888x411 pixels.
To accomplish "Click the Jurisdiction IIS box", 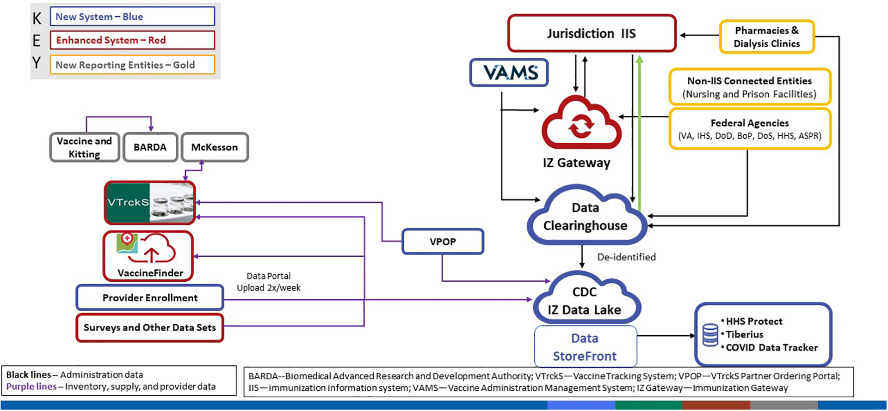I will click(592, 33).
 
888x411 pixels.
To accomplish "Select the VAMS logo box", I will click(509, 73).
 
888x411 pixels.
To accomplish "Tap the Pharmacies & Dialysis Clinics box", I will click(767, 37).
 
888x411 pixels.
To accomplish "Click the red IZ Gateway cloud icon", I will click(581, 124).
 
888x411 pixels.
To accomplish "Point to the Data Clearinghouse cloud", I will click(586, 216).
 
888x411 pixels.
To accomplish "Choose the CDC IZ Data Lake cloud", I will click(585, 300).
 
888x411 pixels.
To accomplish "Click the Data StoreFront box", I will click(585, 347).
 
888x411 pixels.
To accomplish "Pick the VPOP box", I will click(443, 242).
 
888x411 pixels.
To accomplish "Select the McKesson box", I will click(215, 147).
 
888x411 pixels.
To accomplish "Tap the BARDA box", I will click(150, 147).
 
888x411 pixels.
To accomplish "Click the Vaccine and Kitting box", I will click(85, 147).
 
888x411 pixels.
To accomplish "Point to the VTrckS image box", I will click(149, 203).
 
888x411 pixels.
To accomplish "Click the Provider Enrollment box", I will click(150, 298).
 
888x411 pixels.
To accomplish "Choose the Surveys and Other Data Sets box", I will click(149, 328).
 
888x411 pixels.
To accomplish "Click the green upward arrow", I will click(639, 134).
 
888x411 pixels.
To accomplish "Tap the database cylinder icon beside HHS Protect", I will click(710, 335).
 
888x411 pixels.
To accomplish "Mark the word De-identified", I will click(626, 257).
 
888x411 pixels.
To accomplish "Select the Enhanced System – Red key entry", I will click(132, 40).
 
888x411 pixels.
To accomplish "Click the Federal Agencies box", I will click(750, 129).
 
